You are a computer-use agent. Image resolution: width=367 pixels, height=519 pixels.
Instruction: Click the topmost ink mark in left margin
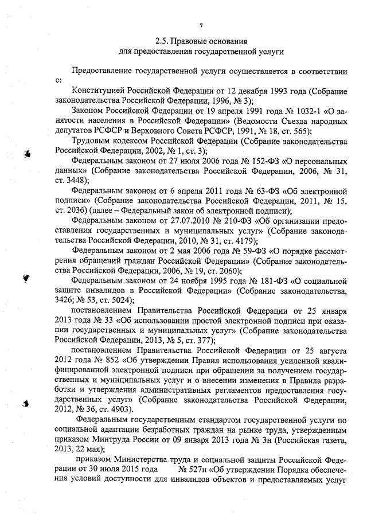pos(26,152)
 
